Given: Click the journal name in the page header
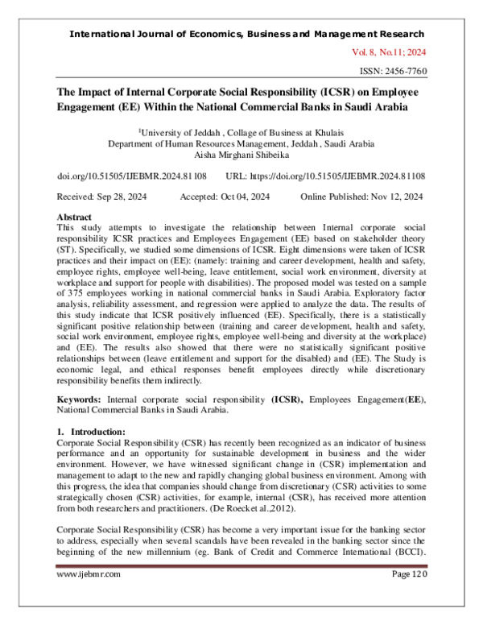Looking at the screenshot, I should pyautogui.click(x=247, y=34).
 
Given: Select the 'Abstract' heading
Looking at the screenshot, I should pyautogui.click(x=74, y=217).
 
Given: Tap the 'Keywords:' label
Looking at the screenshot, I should pyautogui.click(x=82, y=399).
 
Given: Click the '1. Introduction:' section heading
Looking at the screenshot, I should pyautogui.click(x=91, y=431).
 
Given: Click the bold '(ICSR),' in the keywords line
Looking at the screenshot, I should pyautogui.click(x=287, y=399).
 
